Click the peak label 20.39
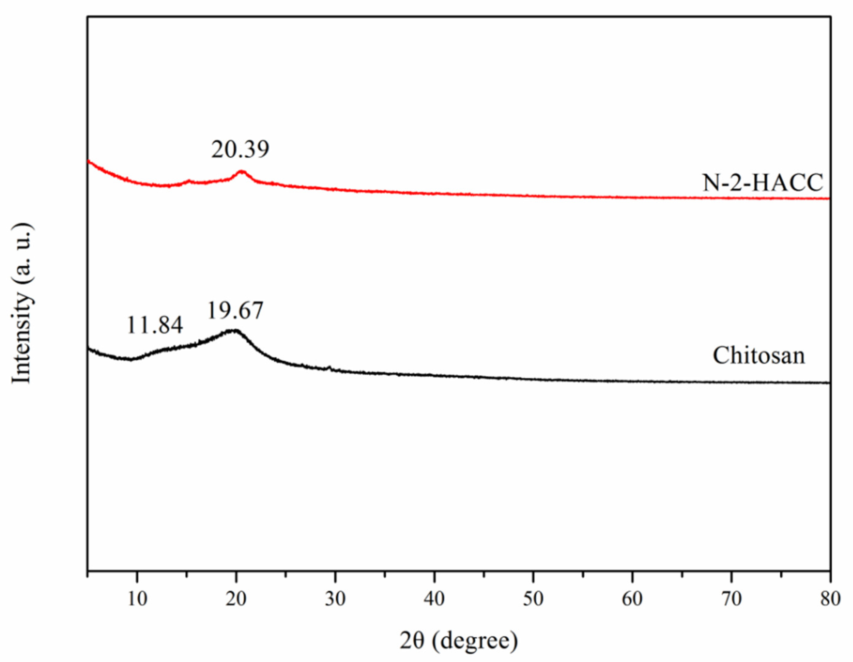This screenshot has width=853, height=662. pyautogui.click(x=240, y=150)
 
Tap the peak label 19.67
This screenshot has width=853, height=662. pyautogui.click(x=235, y=311)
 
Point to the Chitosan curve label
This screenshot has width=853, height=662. pyautogui.click(x=759, y=356)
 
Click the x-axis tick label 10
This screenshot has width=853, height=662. pyautogui.click(x=137, y=599)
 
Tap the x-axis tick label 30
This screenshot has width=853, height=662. pyautogui.click(x=335, y=599)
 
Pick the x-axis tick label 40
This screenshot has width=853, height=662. pyautogui.click(x=434, y=599)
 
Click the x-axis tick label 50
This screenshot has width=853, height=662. pyautogui.click(x=533, y=599)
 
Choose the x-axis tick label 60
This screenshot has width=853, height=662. pyautogui.click(x=632, y=599)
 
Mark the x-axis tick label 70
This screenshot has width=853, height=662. pyautogui.click(x=731, y=599)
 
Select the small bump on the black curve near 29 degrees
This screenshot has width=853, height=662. pyautogui.click(x=329, y=367)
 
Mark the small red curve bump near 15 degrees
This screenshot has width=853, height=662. pyautogui.click(x=189, y=181)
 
